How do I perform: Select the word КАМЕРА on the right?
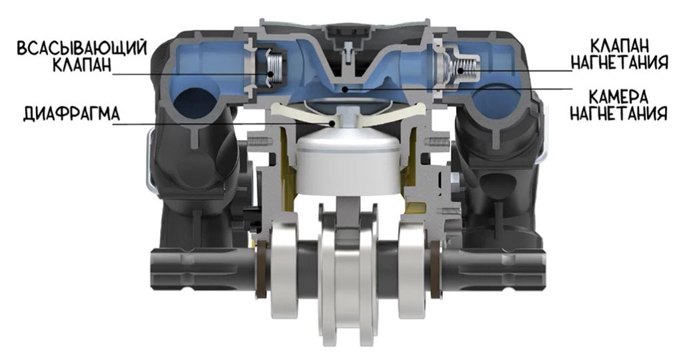(x=619, y=97)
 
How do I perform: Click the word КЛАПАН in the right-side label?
(x=619, y=45)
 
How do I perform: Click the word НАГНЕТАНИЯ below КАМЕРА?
(x=619, y=113)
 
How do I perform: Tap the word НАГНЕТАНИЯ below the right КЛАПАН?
(x=619, y=62)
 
